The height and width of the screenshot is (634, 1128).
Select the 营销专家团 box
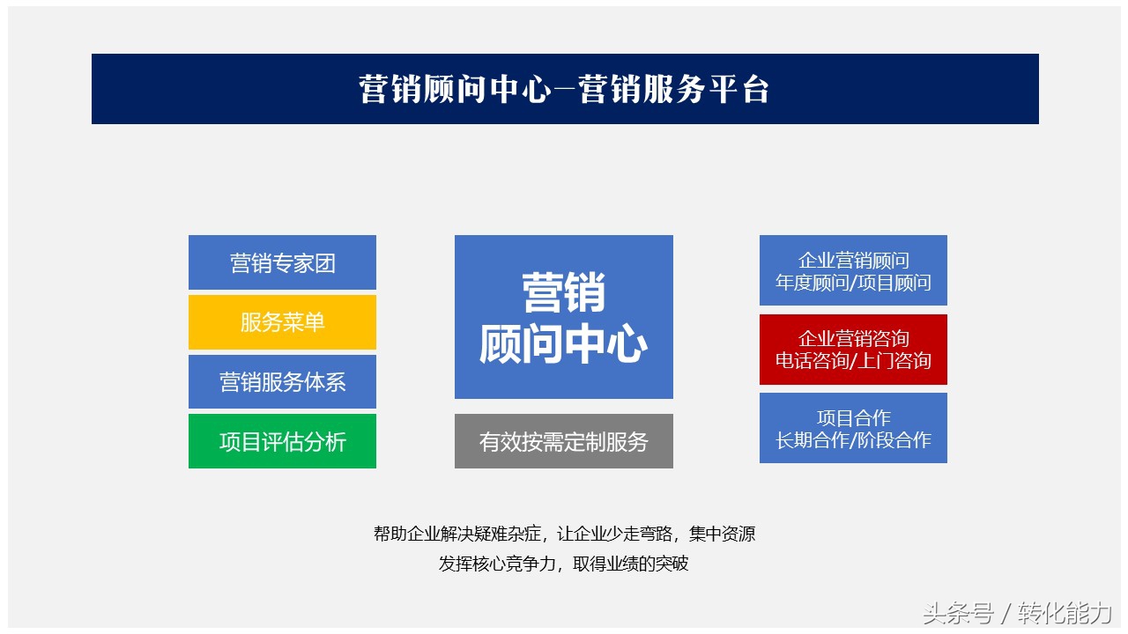(282, 262)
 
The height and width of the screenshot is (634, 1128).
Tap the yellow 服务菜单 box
(282, 322)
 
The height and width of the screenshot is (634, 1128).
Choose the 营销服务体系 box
(282, 381)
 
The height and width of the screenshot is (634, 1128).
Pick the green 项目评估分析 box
(282, 441)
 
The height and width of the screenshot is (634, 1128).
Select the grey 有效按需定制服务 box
(564, 441)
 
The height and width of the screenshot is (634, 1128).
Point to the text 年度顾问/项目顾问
(853, 284)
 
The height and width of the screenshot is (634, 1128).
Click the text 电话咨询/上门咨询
(853, 361)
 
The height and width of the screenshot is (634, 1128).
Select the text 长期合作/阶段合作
(853, 440)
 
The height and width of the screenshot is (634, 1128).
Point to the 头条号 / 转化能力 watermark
(1017, 613)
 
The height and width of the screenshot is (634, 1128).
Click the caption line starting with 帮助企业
(564, 534)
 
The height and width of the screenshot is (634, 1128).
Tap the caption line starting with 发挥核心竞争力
(564, 564)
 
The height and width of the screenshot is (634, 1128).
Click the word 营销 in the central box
(564, 292)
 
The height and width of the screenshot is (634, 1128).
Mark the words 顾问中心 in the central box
(564, 345)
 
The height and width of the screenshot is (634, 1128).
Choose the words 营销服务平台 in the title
(674, 89)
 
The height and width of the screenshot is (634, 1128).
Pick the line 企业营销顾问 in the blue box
(853, 261)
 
